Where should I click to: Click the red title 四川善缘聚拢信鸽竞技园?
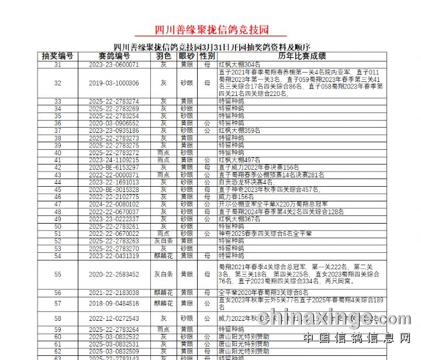pos(210,29)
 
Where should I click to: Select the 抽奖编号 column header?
pos(57,56)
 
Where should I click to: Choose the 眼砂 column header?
pos(187,56)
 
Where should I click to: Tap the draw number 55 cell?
pos(57,274)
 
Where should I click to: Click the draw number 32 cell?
pos(57,83)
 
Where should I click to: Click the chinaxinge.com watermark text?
pos(334,319)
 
